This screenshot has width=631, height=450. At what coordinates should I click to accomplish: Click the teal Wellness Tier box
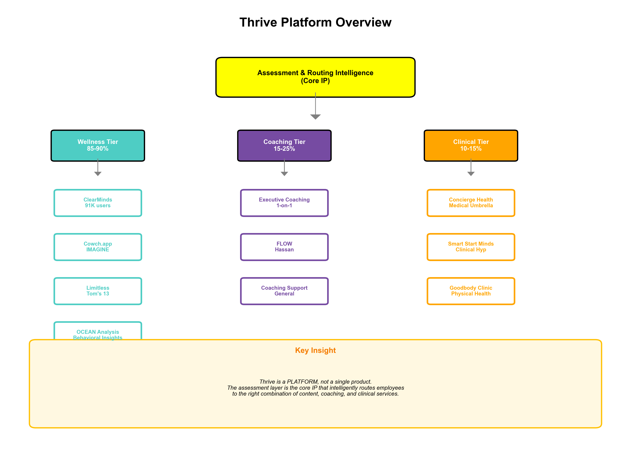(98, 145)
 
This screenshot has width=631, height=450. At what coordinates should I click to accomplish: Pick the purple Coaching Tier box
(284, 145)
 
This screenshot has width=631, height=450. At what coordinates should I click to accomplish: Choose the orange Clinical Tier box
(471, 145)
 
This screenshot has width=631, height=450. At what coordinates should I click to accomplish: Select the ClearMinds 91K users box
(98, 203)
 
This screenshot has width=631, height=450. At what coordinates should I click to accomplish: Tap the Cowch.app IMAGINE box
(98, 247)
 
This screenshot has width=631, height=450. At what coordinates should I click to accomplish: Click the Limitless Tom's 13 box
(98, 291)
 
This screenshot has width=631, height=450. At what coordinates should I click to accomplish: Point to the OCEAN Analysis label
(98, 332)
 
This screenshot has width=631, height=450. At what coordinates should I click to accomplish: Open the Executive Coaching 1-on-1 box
(284, 203)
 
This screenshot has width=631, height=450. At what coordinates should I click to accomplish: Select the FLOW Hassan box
(284, 247)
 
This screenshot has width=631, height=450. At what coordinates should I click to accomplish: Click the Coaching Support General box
(284, 291)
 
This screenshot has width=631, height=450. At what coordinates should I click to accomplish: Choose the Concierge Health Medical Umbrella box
(471, 203)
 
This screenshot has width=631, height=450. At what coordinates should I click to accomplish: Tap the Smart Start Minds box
(471, 247)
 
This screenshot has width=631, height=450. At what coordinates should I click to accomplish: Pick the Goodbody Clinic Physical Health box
(471, 291)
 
